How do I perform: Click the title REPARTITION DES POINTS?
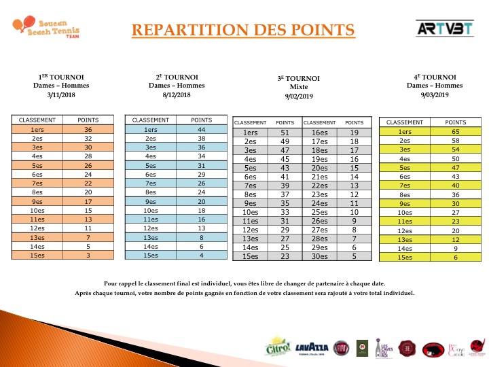tap(242, 31)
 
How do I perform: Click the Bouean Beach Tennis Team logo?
tap(46, 29)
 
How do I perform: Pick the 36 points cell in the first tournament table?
tap(88, 129)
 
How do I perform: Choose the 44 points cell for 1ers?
tap(201, 129)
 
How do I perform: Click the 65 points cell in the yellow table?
tap(455, 131)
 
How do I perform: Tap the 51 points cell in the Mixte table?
tap(285, 133)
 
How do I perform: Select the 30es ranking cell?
tap(320, 256)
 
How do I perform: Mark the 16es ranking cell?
tap(320, 133)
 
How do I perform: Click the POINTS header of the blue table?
tap(201, 120)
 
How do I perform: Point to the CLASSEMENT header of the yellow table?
tap(405, 122)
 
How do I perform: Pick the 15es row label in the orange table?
tap(37, 255)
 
